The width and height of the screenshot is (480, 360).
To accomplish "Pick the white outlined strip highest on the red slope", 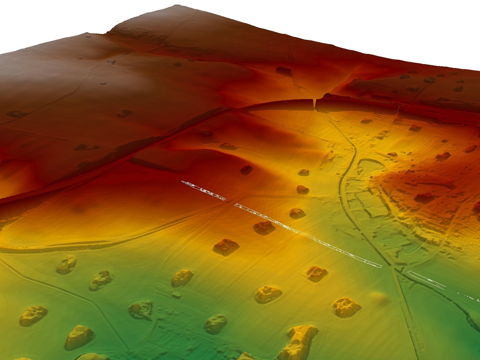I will click(203, 190).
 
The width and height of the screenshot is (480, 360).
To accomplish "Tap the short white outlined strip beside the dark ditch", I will click(426, 279).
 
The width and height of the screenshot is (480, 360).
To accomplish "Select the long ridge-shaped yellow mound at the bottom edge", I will click(299, 341).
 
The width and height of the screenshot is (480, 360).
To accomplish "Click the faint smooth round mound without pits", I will click(380, 298).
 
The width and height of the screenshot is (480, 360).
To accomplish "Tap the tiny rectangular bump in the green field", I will click(176, 296).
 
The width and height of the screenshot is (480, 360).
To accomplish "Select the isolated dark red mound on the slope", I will click(246, 170).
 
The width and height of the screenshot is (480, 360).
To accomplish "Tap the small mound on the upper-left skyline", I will click(88, 36).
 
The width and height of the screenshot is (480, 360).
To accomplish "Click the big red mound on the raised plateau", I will click(424, 197).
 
